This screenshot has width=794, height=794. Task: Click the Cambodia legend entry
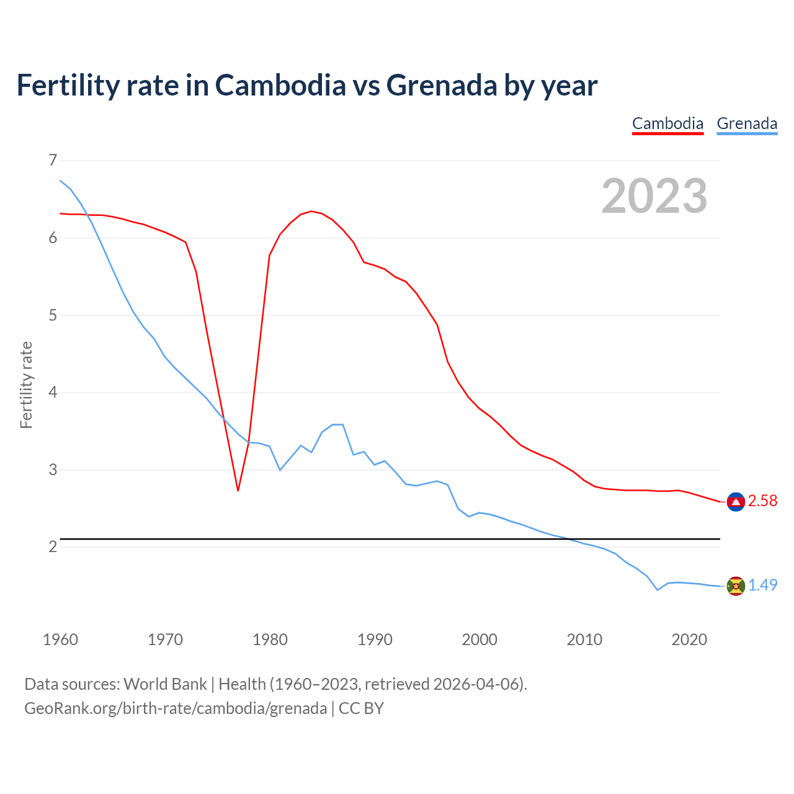pyautogui.click(x=667, y=123)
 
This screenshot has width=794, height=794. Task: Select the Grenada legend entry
pyautogui.click(x=747, y=123)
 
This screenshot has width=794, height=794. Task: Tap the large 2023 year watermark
pyautogui.click(x=654, y=196)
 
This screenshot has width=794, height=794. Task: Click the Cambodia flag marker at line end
pyautogui.click(x=736, y=502)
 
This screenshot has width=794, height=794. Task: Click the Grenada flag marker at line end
pyautogui.click(x=736, y=586)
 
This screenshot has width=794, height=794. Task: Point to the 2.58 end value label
pyautogui.click(x=762, y=501)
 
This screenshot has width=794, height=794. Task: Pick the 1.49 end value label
pyautogui.click(x=762, y=585)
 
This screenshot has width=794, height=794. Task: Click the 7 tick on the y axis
pyautogui.click(x=53, y=160)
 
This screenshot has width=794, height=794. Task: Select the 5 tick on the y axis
pyautogui.click(x=53, y=315)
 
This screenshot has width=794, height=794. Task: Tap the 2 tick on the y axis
pyautogui.click(x=53, y=546)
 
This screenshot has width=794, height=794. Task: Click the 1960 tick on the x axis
pyautogui.click(x=60, y=640)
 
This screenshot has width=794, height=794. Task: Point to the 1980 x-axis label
pyautogui.click(x=270, y=640)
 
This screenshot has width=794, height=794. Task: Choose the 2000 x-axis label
pyautogui.click(x=480, y=640)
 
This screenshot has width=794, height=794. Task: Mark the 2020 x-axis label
pyautogui.click(x=689, y=640)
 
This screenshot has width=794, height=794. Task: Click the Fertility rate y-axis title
pyautogui.click(x=26, y=385)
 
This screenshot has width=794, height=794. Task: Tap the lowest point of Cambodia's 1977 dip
pyautogui.click(x=238, y=490)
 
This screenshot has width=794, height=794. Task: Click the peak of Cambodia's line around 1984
pyautogui.click(x=311, y=212)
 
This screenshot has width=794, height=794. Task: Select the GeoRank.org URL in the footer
pyautogui.click(x=176, y=708)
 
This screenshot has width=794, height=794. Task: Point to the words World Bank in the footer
pyautogui.click(x=165, y=684)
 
